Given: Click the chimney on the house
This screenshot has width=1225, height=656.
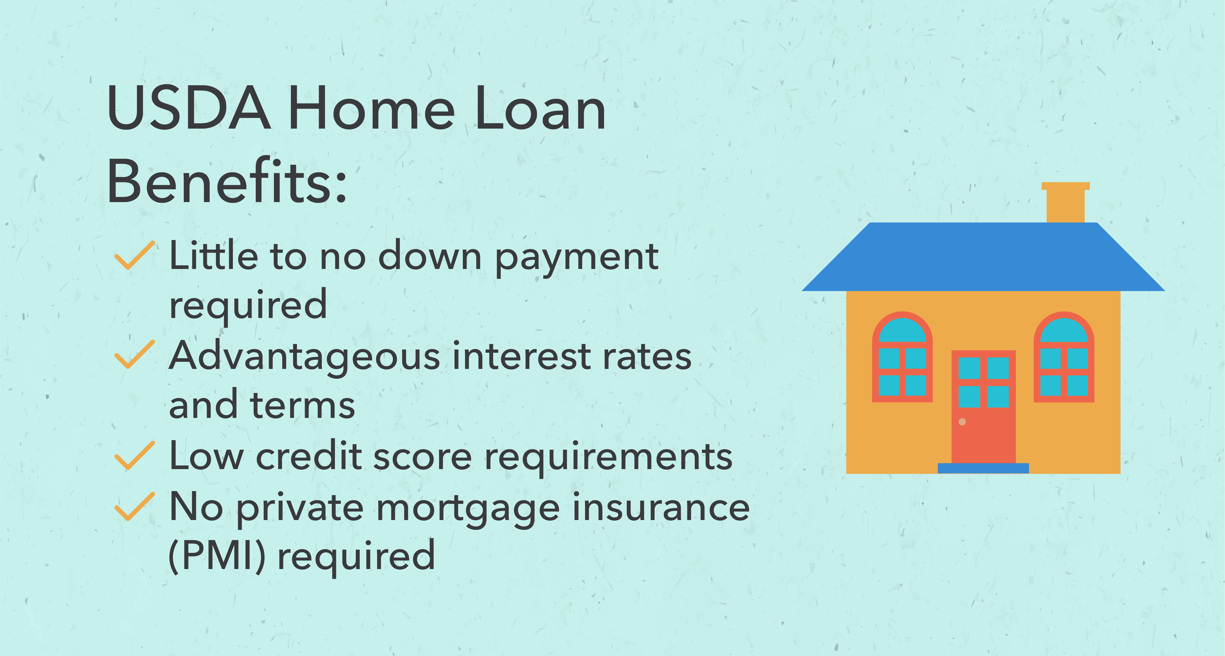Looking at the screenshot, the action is [1065, 202].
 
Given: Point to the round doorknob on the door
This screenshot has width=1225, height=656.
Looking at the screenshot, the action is [962, 422].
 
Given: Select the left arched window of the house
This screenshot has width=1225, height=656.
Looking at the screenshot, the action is [902, 357].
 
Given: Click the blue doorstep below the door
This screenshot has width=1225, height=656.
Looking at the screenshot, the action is [983, 468].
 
